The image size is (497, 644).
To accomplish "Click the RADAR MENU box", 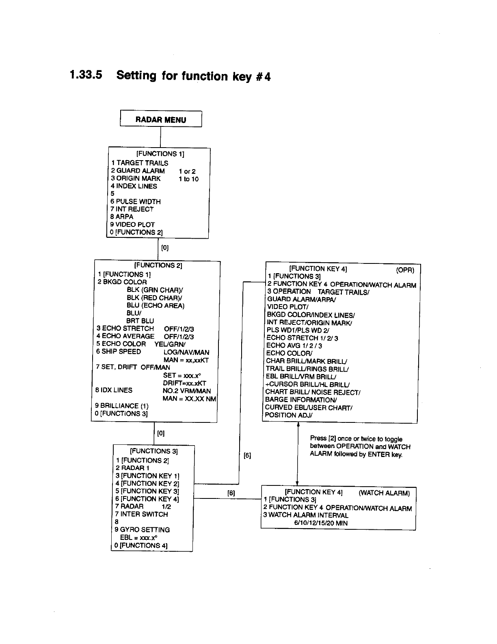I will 161,120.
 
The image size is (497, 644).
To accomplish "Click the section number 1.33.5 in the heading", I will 86,75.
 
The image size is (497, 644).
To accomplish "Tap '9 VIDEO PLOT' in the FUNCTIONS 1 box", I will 132,224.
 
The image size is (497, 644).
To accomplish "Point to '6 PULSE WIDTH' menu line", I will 136,201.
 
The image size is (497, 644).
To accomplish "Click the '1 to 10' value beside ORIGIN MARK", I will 188,179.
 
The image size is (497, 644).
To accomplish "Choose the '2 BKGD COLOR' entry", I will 122,282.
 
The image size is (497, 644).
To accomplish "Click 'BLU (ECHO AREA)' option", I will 156,305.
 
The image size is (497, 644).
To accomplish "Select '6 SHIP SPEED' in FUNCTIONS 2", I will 119,352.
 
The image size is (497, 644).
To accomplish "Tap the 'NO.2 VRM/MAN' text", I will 186,391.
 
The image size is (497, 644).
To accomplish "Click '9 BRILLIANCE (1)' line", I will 122,406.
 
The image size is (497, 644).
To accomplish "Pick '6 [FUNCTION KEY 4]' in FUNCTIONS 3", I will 147,499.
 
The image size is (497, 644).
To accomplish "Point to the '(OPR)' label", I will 405,270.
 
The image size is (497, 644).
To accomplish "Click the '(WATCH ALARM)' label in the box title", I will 384,493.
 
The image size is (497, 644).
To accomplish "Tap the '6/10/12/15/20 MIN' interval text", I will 321,523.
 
